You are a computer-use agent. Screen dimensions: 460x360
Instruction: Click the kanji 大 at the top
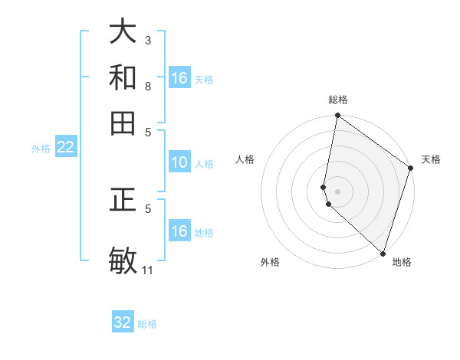123,32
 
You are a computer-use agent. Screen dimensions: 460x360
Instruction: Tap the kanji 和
123,77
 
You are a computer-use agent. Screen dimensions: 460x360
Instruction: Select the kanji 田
123,123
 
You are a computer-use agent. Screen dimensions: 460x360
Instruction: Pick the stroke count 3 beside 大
148,39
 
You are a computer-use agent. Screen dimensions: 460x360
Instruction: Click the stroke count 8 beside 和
148,86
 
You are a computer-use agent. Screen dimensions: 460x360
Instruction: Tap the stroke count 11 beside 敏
148,270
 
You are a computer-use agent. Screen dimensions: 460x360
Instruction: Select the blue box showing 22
65,148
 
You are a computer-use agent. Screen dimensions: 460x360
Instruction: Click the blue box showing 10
179,162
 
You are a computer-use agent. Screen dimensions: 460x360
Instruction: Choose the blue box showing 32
123,322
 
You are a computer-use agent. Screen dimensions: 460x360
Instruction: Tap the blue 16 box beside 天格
179,78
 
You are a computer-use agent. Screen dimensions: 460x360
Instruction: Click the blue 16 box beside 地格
179,231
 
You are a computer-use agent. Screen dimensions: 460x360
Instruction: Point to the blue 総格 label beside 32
148,324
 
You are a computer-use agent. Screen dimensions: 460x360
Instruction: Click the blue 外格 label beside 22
41,149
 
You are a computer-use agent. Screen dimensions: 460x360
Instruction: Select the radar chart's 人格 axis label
245,159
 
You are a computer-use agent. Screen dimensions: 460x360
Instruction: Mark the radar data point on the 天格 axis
411,169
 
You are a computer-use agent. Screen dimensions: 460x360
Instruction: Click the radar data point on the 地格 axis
382,253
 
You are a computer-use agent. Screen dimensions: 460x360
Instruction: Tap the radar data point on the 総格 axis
337,116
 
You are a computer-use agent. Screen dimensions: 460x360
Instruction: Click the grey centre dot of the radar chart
337,191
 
